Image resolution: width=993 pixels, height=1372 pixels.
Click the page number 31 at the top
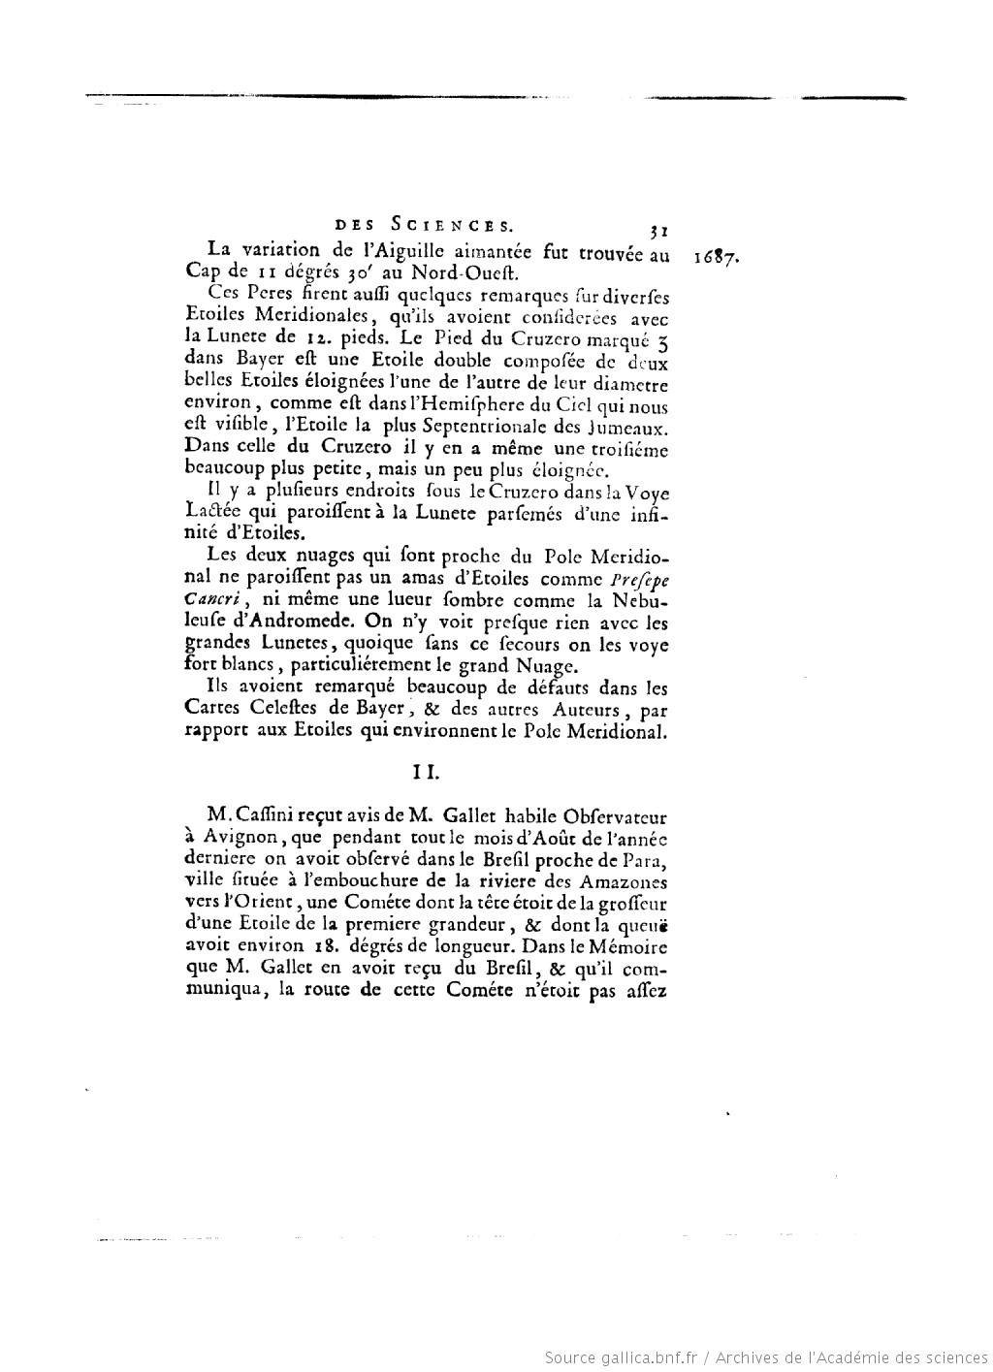click(657, 231)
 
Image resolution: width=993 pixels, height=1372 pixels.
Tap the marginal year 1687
click(719, 258)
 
